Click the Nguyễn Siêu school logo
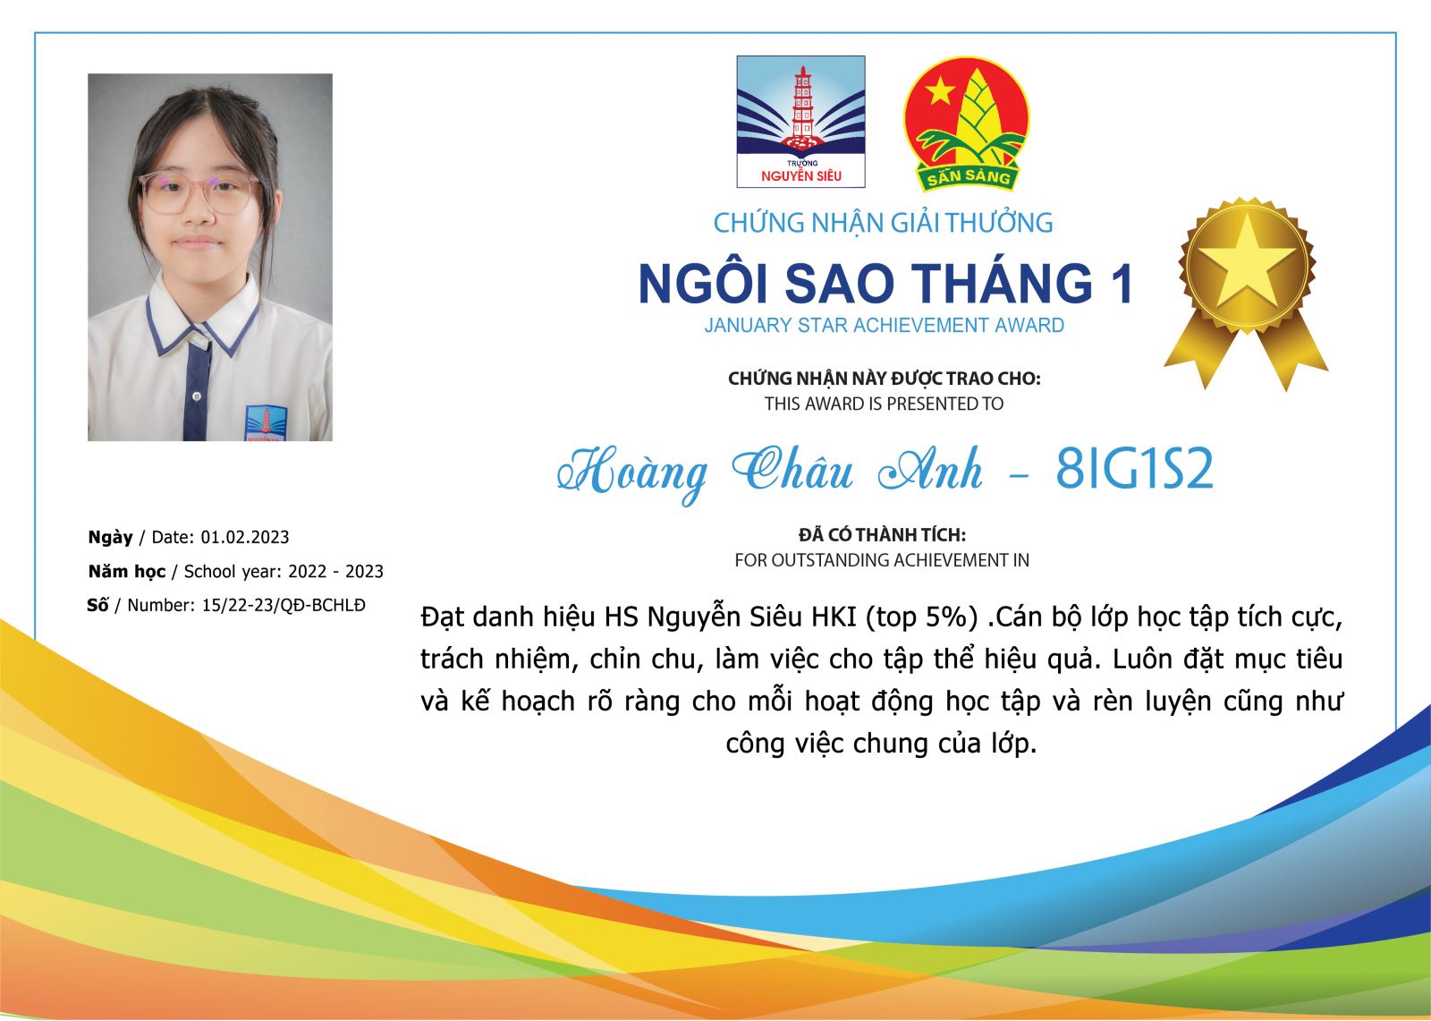(x=800, y=122)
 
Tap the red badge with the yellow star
(x=966, y=123)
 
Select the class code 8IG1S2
(x=1134, y=469)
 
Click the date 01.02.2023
(x=245, y=537)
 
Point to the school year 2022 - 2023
(x=335, y=571)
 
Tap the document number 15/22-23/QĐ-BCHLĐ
(x=284, y=605)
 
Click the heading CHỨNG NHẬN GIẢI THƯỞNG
(x=883, y=223)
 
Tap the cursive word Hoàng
(x=632, y=473)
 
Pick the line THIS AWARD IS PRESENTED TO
(x=885, y=404)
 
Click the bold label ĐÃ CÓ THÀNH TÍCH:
(x=882, y=534)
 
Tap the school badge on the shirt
(x=267, y=422)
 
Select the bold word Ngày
(x=111, y=537)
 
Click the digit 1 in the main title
(x=1122, y=284)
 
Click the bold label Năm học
(x=127, y=571)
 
